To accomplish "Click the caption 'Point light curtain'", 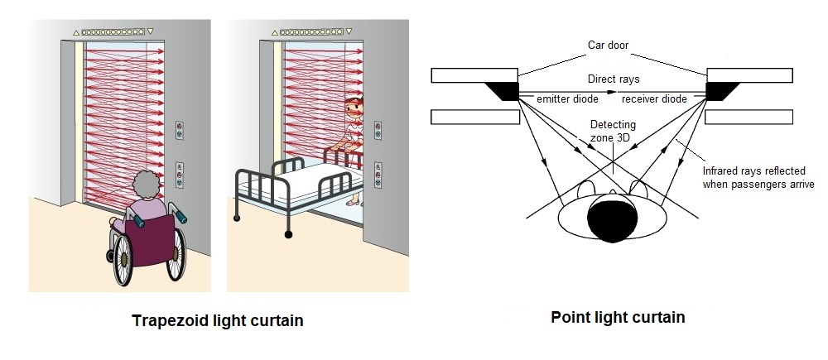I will click(x=618, y=317).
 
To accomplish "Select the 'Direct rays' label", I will click(x=613, y=79).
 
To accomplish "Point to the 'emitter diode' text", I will click(x=566, y=98).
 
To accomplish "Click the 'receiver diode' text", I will click(x=654, y=98).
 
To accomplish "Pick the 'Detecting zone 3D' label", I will click(x=612, y=130).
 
